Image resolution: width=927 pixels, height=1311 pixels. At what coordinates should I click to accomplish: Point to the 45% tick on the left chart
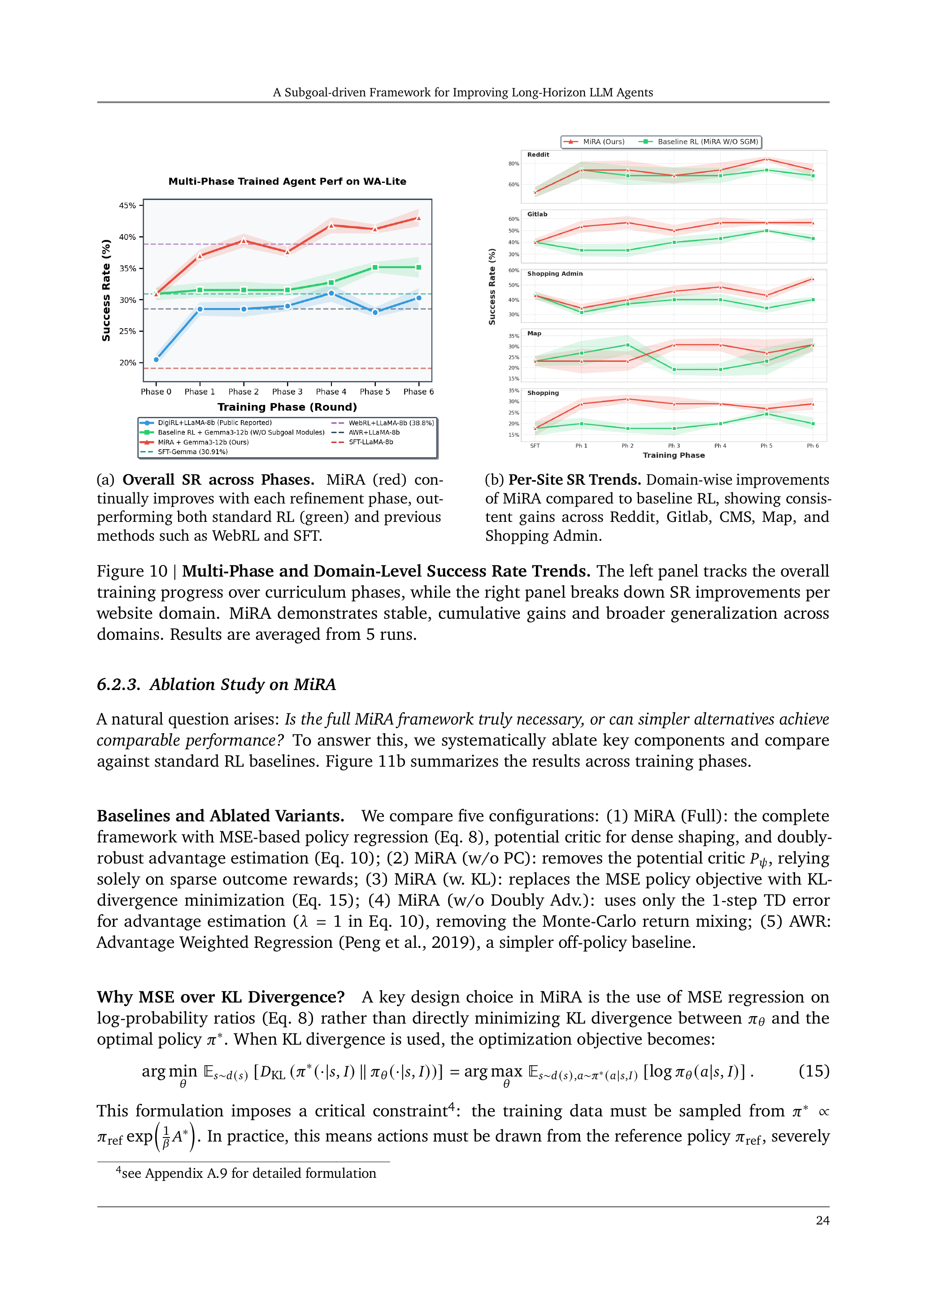click(127, 205)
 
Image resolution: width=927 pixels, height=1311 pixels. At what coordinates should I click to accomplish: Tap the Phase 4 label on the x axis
click(331, 392)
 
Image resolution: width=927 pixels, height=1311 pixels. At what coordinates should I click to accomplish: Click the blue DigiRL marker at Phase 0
click(157, 360)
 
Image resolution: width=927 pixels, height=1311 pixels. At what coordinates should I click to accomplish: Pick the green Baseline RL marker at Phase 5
click(374, 267)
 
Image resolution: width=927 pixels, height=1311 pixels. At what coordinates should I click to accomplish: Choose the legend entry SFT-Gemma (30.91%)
click(192, 451)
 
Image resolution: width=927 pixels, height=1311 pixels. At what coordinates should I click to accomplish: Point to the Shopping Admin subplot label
click(555, 273)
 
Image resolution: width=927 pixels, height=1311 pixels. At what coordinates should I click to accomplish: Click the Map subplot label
click(534, 334)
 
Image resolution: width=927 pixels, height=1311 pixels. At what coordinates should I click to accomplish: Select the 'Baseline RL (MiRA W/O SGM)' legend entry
click(707, 142)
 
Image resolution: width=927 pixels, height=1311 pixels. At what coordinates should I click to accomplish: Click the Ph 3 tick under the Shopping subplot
click(674, 446)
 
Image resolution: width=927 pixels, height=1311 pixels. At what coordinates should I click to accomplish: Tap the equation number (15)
click(814, 1071)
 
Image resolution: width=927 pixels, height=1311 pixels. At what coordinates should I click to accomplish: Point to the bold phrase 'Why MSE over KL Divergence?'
click(221, 997)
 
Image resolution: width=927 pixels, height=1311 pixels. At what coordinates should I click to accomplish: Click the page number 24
click(823, 1220)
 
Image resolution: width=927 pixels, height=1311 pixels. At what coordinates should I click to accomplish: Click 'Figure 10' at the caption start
click(132, 572)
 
